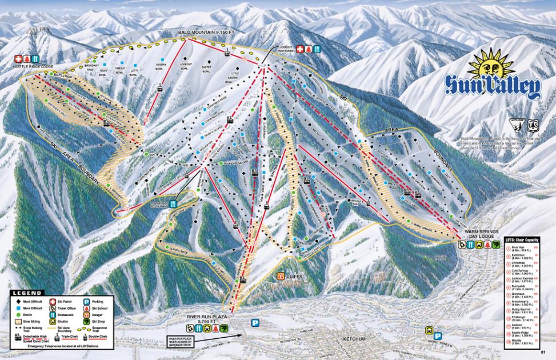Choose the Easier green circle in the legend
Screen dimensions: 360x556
point(18,315)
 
